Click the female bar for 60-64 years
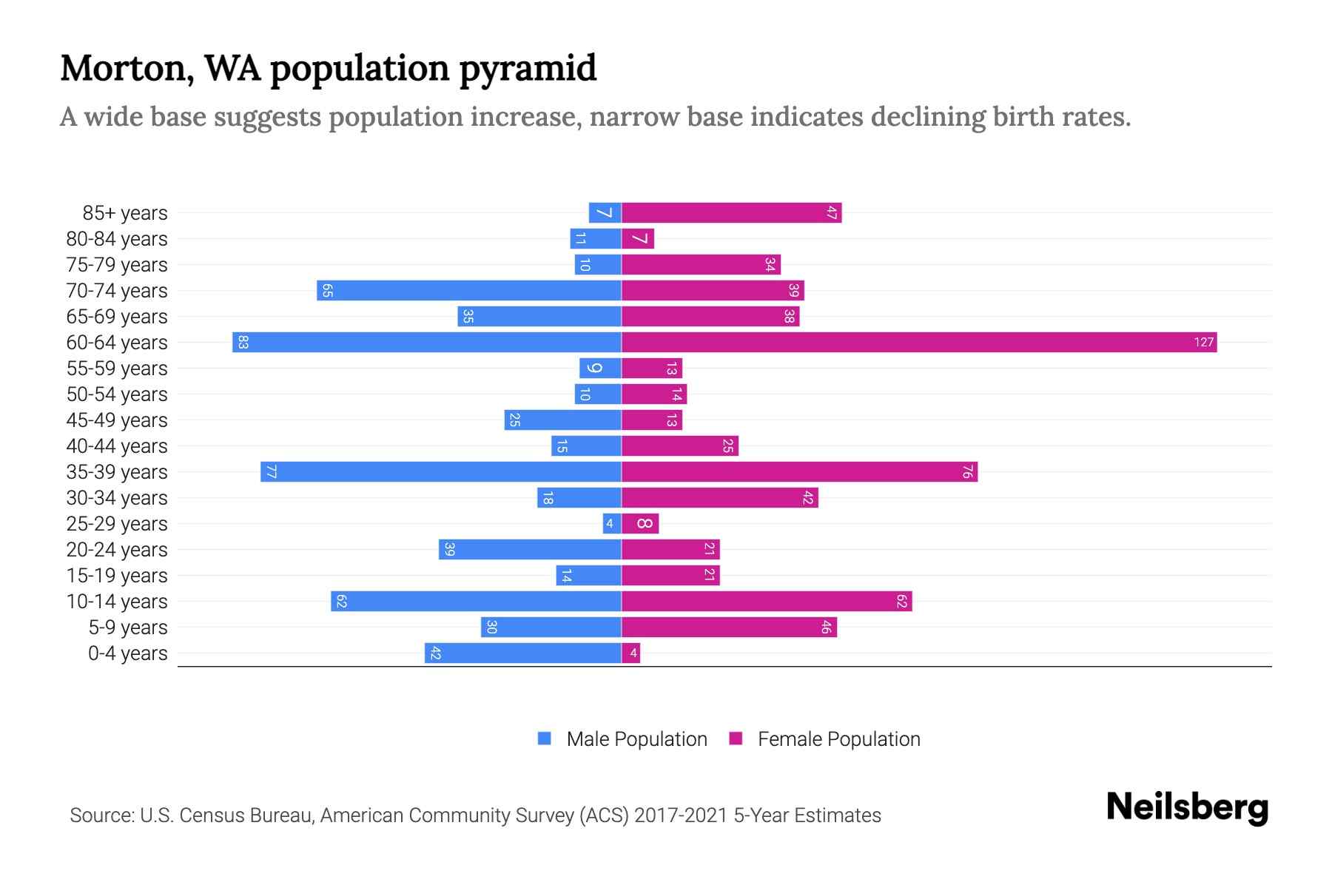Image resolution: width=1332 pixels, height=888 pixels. point(918,343)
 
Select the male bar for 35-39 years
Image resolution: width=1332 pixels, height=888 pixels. point(441,472)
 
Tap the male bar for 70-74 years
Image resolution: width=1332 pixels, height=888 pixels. point(469,291)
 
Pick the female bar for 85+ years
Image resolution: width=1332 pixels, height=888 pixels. point(731,213)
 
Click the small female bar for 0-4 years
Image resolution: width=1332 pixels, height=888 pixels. point(631,653)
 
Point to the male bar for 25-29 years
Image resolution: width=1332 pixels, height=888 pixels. point(612,524)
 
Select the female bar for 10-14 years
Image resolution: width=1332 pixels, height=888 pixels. point(767,602)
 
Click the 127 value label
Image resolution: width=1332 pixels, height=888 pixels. point(1203,343)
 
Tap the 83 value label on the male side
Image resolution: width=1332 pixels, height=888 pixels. point(243,343)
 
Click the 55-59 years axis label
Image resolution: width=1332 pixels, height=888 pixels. point(117,369)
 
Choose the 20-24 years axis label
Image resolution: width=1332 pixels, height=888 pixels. point(117,550)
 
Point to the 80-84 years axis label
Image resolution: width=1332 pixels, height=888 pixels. point(117,239)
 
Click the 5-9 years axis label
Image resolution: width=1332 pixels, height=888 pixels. point(127,628)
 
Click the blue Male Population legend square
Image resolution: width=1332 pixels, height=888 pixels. point(545,739)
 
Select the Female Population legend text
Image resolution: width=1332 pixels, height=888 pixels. point(838,739)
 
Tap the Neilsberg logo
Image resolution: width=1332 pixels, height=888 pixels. point(1187,807)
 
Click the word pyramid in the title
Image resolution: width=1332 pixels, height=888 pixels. point(528,70)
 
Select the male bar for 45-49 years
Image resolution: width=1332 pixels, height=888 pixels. point(562,420)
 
